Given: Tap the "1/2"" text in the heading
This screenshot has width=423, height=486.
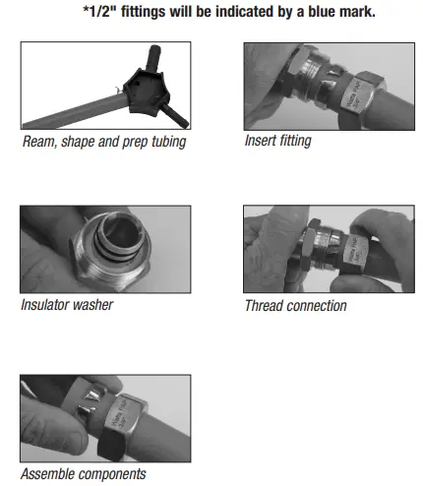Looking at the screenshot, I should [101, 12].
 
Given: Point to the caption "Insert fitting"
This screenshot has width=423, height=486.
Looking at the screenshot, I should [277, 140].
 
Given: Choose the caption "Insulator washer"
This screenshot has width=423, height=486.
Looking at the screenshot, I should [67, 305].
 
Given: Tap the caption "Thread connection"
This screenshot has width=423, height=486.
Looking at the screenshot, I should [295, 305].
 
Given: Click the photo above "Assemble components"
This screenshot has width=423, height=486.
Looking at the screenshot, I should [105, 418].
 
